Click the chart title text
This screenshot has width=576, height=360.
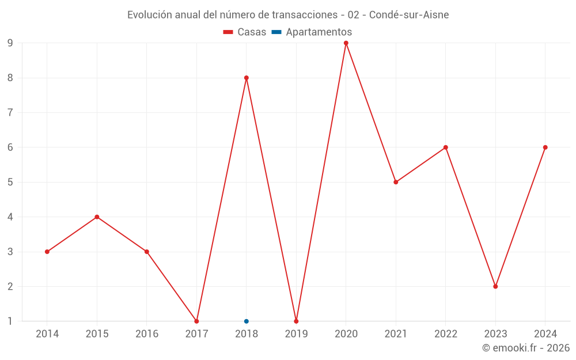point(288,14)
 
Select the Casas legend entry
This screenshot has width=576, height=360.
point(245,32)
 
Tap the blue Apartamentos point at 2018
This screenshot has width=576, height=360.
point(247,321)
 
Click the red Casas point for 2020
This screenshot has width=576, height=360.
point(346,43)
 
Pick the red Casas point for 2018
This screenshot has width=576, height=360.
point(247,78)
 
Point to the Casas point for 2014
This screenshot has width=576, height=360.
point(47,252)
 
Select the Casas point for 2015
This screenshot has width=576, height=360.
point(97,217)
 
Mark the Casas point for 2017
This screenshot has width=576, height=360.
point(196,321)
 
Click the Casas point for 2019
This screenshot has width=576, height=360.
point(296,321)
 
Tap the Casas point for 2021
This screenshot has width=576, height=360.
point(396,182)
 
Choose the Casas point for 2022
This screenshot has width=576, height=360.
point(446,147)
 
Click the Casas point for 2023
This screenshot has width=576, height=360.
point(495,286)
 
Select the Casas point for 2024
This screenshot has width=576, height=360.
point(545,147)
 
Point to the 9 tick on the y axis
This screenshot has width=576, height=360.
point(10,43)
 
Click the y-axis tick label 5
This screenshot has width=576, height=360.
point(10,182)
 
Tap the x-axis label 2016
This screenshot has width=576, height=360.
point(147,334)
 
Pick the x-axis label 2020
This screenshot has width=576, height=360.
point(346,334)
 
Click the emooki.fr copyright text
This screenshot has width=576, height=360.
point(526,348)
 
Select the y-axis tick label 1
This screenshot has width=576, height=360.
point(10,321)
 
